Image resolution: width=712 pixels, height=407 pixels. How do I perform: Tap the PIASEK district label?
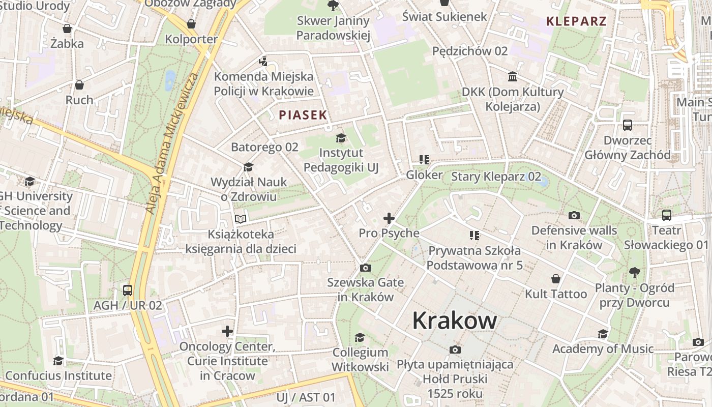[x=303, y=115]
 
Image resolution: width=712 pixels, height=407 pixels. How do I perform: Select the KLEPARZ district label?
[x=576, y=21]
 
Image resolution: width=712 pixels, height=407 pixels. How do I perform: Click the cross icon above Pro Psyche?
[x=389, y=218]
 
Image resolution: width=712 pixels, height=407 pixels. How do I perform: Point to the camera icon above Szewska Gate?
[x=365, y=268]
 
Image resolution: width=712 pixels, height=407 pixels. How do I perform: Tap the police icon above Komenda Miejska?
[x=263, y=62]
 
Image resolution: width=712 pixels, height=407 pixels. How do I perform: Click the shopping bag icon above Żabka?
[x=67, y=28]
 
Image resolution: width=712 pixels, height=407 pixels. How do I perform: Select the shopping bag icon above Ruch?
[x=79, y=85]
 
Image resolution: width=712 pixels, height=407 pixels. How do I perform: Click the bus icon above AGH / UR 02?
[x=127, y=290]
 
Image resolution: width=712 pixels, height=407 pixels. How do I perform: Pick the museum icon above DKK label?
[x=513, y=77]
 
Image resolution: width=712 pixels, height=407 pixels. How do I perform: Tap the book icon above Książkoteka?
[x=241, y=219]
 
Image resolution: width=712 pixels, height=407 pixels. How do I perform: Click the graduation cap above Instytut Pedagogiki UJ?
[x=341, y=138]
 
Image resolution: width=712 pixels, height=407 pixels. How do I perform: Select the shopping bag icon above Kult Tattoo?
[x=556, y=279]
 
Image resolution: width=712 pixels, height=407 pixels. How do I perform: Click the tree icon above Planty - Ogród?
[x=634, y=272]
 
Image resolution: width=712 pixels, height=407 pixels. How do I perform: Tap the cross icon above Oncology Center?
[x=227, y=331]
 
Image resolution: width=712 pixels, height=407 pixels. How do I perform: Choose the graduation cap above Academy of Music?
[x=603, y=334]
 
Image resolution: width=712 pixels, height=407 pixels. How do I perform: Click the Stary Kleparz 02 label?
[x=496, y=177]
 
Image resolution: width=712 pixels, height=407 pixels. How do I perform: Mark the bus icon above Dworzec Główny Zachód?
[x=628, y=125]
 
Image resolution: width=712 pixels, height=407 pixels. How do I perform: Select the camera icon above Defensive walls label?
[x=574, y=215]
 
